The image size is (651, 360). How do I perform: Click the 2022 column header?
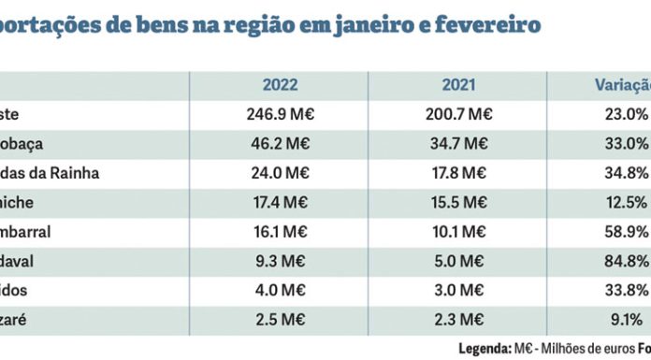[x=280, y=85]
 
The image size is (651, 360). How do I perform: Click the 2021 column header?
[x=459, y=85]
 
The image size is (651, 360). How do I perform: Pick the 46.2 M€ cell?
[x=280, y=144]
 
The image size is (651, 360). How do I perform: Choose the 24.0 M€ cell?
[x=280, y=173]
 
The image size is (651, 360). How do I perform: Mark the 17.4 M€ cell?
[x=280, y=203]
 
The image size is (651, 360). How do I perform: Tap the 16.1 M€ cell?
[x=280, y=232]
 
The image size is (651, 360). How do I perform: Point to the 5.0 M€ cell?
[x=459, y=261]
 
